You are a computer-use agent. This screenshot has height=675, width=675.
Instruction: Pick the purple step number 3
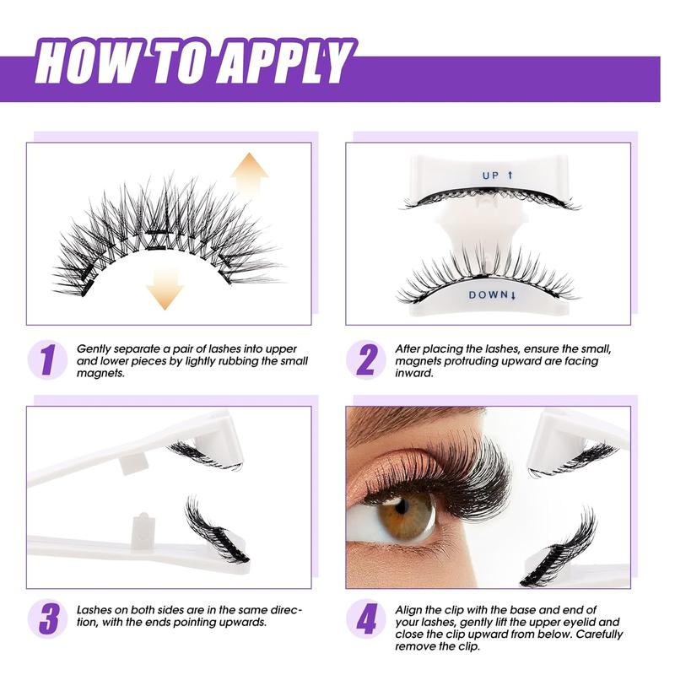pos(47,621)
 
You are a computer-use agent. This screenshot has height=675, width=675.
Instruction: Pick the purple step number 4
pos(366,621)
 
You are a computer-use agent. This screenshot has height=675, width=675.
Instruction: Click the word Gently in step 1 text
pos(94,348)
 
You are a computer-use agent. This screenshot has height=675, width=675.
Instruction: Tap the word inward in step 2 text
pos(414,374)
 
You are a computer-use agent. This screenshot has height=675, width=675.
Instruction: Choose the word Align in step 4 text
pos(410,608)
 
